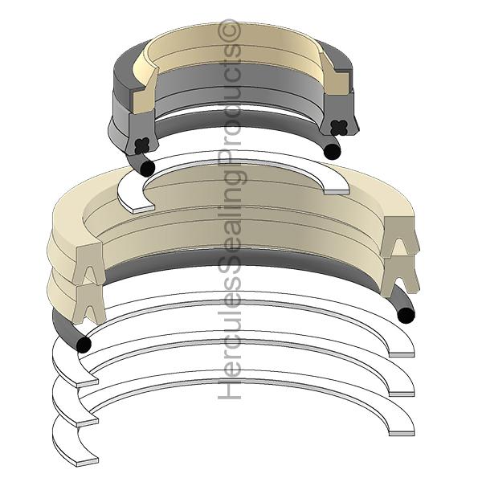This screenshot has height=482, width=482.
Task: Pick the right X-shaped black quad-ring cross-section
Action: click(x=332, y=124)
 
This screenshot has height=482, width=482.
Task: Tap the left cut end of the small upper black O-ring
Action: click(x=146, y=167)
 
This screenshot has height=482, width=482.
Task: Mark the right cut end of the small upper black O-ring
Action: click(x=332, y=151)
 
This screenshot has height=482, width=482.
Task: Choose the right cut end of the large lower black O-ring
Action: click(x=406, y=315)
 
